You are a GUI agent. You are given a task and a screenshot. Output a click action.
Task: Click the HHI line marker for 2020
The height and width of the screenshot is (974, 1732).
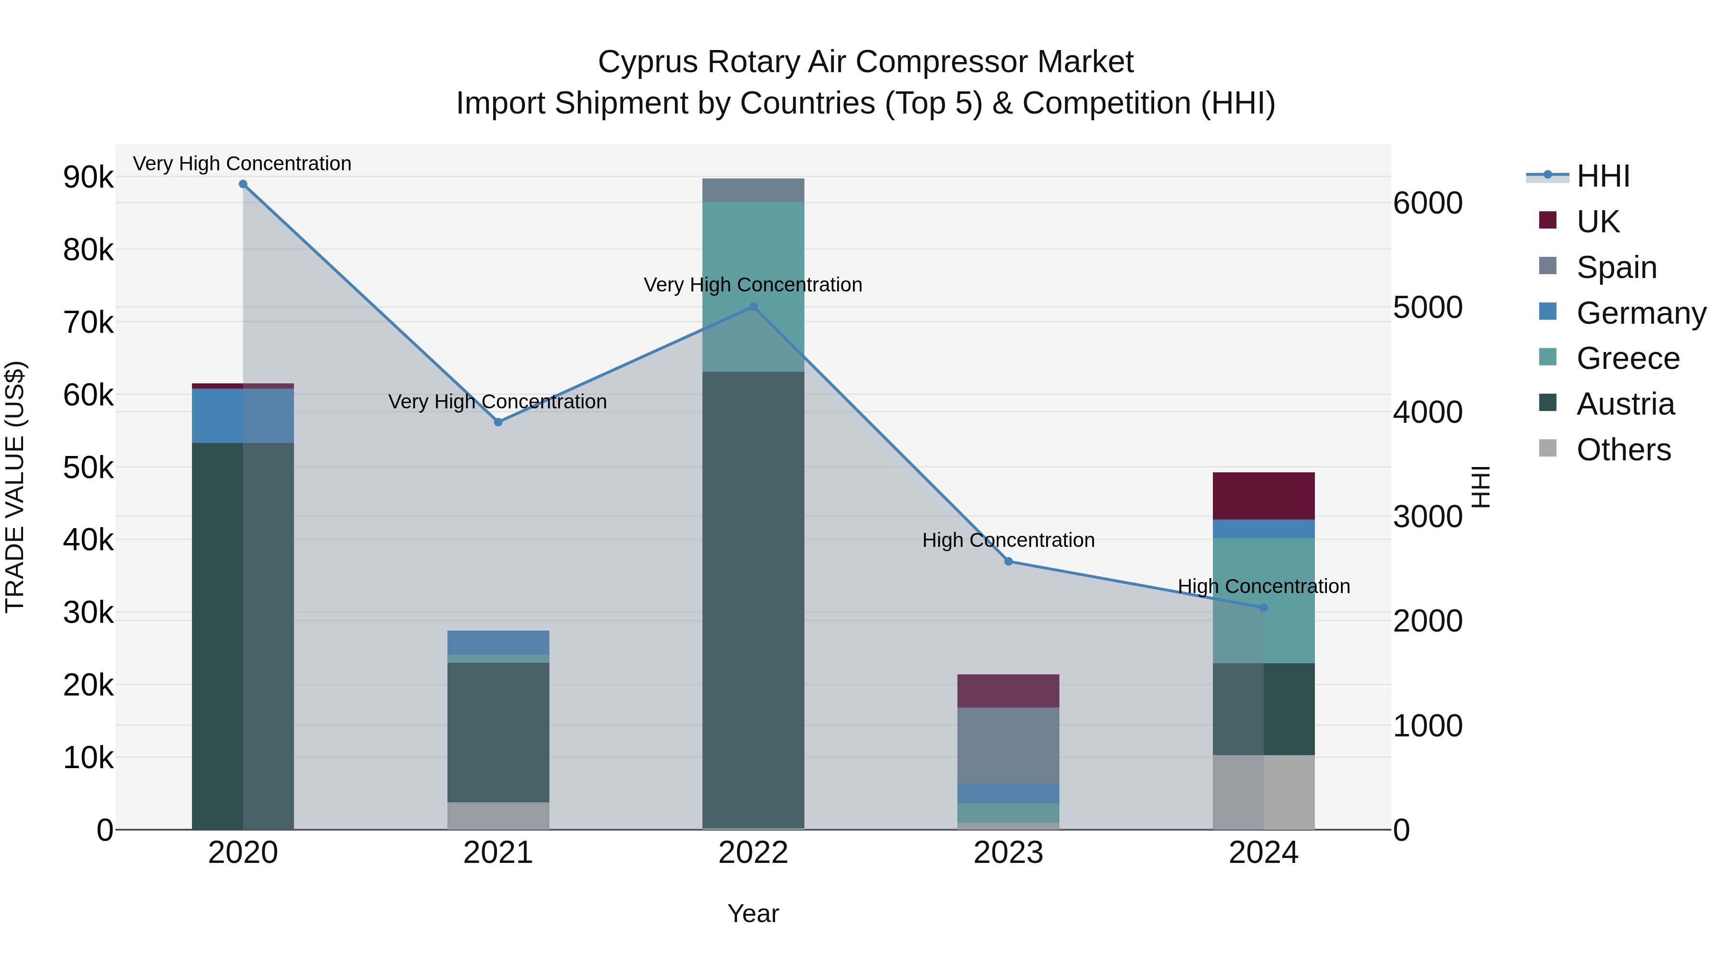(x=243, y=184)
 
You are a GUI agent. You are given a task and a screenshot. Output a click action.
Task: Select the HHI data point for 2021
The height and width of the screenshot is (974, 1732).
(x=498, y=422)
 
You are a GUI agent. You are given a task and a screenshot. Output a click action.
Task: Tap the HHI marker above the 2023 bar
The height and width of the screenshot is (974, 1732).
(x=1008, y=561)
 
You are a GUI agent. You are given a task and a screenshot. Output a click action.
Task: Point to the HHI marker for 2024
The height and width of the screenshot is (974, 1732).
(x=1263, y=607)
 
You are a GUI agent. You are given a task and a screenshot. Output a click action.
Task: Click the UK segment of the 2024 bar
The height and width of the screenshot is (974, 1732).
(x=1263, y=496)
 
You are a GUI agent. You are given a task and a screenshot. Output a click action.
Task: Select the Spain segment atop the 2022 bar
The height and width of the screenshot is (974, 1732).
(x=753, y=190)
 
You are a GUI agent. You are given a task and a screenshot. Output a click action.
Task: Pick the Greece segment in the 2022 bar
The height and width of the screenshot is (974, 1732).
(x=753, y=255)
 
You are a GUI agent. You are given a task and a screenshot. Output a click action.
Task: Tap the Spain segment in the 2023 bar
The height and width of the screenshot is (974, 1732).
(x=1008, y=745)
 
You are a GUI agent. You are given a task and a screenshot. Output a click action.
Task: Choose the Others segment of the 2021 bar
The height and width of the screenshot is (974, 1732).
(x=498, y=815)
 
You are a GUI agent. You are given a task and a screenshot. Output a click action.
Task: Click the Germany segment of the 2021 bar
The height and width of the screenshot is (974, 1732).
(x=498, y=643)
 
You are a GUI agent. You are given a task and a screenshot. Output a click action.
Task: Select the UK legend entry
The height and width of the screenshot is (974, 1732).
(x=1597, y=222)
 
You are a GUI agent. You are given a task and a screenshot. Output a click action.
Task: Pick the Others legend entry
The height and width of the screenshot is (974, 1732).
(x=1623, y=450)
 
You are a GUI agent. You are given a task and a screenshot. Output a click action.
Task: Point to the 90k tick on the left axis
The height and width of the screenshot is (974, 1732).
(x=88, y=177)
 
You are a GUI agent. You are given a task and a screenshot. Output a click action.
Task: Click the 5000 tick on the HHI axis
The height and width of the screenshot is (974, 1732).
(x=1427, y=307)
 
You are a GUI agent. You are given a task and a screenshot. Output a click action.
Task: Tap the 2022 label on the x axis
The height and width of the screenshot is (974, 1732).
(x=753, y=853)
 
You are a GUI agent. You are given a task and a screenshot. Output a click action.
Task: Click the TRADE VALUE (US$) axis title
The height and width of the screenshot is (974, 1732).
(x=15, y=487)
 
